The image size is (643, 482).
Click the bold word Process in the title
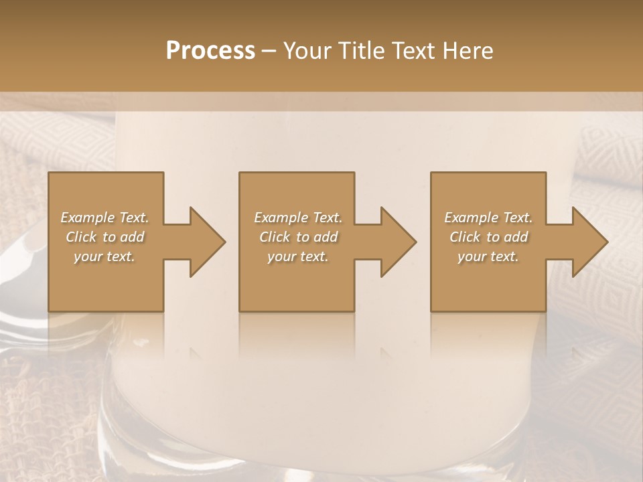210,51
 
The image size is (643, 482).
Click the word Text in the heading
415,51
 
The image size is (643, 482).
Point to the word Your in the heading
307,51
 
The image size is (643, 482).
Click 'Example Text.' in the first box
104,218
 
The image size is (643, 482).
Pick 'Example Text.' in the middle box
298,218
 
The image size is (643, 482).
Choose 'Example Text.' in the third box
488,218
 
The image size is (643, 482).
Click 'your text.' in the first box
104,256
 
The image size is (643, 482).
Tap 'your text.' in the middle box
298,256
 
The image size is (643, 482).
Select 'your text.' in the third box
488,256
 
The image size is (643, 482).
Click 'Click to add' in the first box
104,237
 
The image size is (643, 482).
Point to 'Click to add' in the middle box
298,237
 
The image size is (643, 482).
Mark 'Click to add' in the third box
488,237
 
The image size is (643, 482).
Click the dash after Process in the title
269,52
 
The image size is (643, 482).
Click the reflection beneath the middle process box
297,335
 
